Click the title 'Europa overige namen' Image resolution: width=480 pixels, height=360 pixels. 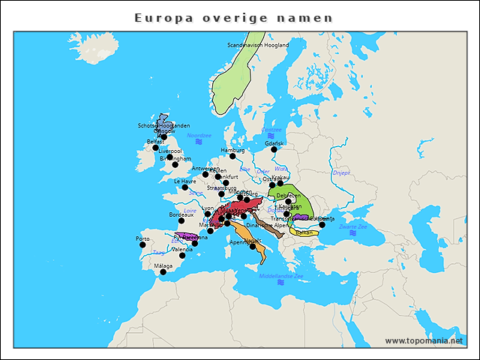(233, 17)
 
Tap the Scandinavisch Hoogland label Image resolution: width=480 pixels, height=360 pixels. (258, 45)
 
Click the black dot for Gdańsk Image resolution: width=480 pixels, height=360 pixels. (274, 149)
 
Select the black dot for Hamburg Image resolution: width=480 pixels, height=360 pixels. (232, 156)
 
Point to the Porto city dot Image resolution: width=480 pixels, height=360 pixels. (142, 244)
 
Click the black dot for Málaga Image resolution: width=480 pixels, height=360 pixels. (163, 272)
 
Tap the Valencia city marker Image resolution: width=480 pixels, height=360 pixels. (181, 256)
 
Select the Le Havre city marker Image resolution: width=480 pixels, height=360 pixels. (185, 187)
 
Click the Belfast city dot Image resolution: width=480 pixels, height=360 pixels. (156, 147)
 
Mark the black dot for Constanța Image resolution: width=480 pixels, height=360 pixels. (322, 224)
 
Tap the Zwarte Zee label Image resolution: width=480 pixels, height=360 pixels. (352, 226)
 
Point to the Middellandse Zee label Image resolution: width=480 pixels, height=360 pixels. (281, 276)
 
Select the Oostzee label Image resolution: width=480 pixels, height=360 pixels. (271, 130)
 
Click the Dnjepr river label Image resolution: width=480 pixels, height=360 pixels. (341, 172)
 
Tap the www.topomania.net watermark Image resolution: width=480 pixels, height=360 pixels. (424, 340)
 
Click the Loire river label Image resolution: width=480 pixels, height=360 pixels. (190, 211)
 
